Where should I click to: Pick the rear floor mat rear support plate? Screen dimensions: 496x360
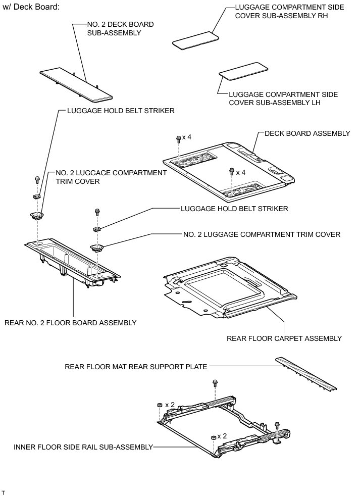[305, 374]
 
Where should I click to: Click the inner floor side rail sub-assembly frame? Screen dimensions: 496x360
[222, 424]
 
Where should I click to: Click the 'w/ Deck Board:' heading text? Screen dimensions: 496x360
[31, 8]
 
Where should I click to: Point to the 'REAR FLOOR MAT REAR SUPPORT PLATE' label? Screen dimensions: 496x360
[136, 367]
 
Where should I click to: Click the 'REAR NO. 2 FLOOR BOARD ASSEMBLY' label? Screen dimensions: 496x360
[70, 322]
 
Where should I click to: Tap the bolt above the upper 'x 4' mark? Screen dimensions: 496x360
[178, 138]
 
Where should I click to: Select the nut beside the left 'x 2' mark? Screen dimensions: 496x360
[159, 405]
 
